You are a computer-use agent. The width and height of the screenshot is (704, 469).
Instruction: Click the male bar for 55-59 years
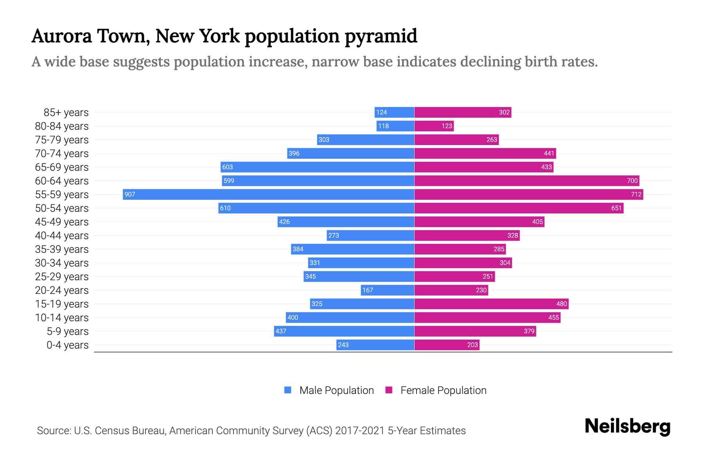[268, 194]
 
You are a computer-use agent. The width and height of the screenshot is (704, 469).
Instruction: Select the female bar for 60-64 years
[526, 181]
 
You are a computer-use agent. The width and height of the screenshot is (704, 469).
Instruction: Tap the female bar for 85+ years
[463, 112]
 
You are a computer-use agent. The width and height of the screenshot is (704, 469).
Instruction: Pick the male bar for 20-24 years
[387, 290]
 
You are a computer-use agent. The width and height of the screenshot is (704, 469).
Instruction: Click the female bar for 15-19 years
[491, 304]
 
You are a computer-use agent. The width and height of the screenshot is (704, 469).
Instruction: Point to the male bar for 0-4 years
[375, 345]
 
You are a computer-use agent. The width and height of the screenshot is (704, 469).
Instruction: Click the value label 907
[130, 194]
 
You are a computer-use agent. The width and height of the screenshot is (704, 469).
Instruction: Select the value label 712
[636, 194]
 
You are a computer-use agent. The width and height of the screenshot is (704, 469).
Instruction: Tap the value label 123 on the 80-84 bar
[447, 126]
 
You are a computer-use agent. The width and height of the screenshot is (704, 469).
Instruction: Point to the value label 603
[228, 167]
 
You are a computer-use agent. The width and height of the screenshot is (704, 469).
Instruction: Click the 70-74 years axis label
[62, 154]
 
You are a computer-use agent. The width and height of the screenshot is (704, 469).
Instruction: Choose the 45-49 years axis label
[62, 222]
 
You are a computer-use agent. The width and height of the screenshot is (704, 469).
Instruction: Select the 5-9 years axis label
[68, 331]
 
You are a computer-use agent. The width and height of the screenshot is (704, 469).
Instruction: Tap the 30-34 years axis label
[62, 263]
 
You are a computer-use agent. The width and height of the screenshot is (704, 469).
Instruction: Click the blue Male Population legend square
[288, 390]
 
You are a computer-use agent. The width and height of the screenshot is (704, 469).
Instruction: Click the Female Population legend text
[443, 390]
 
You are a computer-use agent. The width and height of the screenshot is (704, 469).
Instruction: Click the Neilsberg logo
[627, 426]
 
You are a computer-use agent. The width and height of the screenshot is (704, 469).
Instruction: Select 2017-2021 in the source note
[359, 431]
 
